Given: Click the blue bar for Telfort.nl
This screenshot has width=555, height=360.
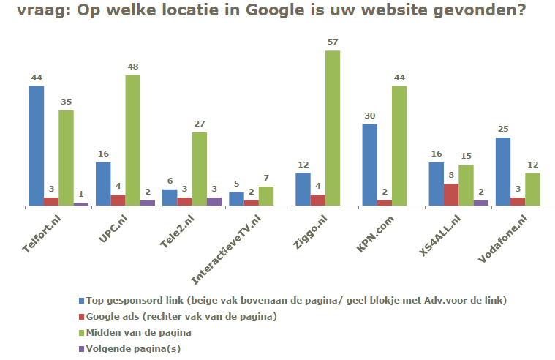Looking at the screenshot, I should (37, 146).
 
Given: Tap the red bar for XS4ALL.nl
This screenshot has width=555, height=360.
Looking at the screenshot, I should (451, 195).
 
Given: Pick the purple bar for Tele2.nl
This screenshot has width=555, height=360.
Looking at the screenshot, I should (214, 202).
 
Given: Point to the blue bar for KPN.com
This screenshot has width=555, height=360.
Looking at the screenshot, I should (369, 165).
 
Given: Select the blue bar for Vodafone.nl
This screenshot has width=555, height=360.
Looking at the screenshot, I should (502, 172).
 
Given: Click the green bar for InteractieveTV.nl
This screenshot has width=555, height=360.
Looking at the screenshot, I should (265, 197).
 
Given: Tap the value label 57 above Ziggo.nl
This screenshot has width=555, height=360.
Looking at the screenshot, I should (333, 42).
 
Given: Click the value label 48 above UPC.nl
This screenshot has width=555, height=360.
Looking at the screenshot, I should (132, 67).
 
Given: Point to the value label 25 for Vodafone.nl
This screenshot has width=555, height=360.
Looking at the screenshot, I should (502, 129).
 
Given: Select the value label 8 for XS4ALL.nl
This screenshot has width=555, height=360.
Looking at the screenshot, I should (451, 175).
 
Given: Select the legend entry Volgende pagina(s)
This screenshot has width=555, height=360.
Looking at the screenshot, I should (132, 348).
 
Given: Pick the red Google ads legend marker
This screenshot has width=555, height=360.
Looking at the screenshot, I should (80, 317).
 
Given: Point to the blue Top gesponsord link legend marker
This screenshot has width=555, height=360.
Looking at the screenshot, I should (80, 301).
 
